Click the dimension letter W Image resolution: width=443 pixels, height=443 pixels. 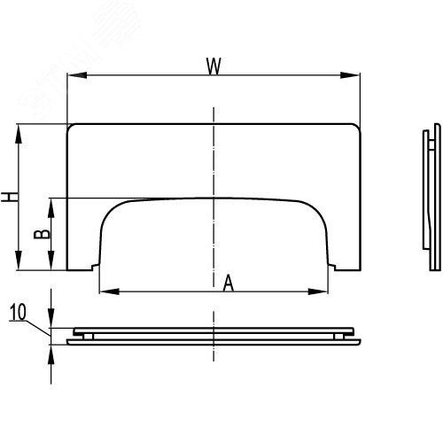tap(214, 66)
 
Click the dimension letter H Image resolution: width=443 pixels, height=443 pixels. tap(10, 197)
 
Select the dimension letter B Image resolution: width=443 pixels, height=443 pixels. tap(43, 234)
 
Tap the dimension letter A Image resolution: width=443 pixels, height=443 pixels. tap(229, 283)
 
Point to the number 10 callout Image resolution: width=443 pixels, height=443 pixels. tap(19, 312)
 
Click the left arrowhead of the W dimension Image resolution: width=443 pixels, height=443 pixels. tap(77, 75)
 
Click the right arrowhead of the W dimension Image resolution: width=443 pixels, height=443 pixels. tap(350, 75)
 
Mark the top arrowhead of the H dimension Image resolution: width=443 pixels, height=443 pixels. tap(19, 134)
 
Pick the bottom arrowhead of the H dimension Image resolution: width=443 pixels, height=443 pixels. tap(19, 260)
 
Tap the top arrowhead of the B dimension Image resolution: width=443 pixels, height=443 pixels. tap(51, 208)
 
